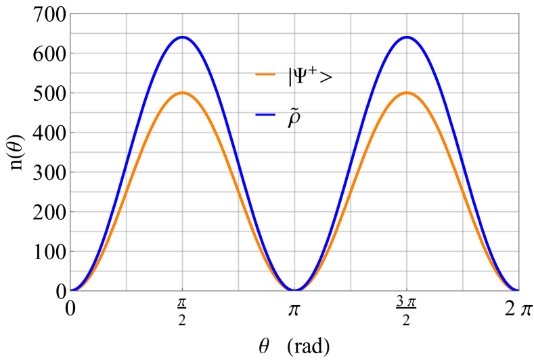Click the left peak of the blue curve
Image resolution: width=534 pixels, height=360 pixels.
[x=182, y=37]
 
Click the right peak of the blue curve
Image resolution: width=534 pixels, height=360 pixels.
[x=406, y=37]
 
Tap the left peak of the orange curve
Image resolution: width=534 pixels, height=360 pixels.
[x=182, y=93]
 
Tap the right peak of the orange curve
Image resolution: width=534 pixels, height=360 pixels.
[x=406, y=93]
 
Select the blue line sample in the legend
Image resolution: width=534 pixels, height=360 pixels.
[x=265, y=115]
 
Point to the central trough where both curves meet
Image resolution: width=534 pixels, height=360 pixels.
[x=294, y=290]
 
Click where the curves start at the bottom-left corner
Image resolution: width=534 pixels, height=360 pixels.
[x=71, y=290]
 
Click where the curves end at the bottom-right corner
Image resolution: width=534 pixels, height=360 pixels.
[x=518, y=290]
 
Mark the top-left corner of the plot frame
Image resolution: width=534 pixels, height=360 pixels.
[x=70, y=14]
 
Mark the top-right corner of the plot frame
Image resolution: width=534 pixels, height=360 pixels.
[x=518, y=14]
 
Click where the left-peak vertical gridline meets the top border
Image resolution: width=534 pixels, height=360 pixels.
[x=182, y=14]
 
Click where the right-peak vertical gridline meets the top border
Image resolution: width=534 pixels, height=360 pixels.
[x=406, y=14]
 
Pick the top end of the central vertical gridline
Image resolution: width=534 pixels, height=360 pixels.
[x=294, y=14]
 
